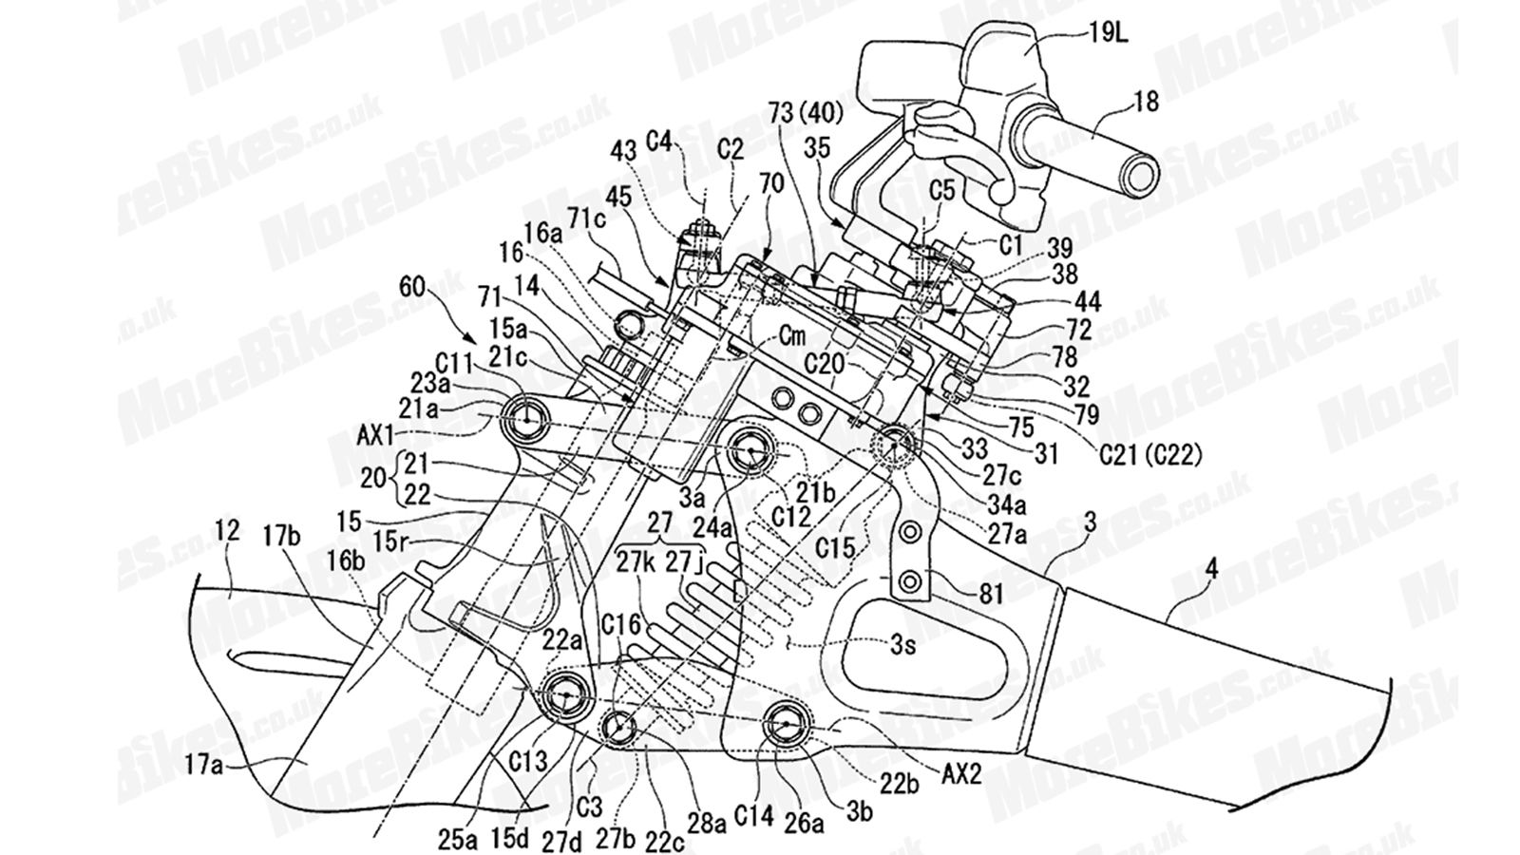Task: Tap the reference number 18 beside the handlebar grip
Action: (1147, 102)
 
